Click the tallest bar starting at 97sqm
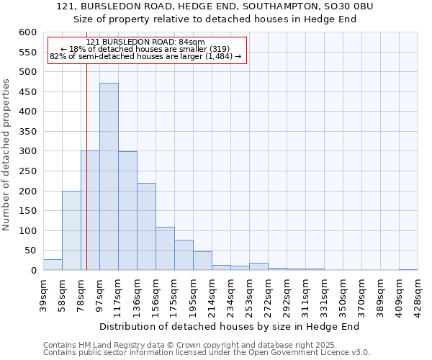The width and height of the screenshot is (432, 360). (109, 176)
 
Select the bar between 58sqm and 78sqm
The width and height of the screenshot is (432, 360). (71, 230)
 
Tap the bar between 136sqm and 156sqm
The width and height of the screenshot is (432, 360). (146, 227)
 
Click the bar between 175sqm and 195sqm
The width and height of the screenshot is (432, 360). (184, 255)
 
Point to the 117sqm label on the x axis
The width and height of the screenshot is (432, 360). (118, 294)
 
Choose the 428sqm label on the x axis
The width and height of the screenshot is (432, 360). (418, 294)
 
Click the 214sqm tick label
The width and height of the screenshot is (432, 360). (212, 294)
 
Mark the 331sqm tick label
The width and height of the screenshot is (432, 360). (324, 294)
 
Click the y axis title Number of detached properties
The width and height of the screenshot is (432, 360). (6, 155)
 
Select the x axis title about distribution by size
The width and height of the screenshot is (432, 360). (230, 327)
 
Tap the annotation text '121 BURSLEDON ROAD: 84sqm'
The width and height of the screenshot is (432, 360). (145, 42)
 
